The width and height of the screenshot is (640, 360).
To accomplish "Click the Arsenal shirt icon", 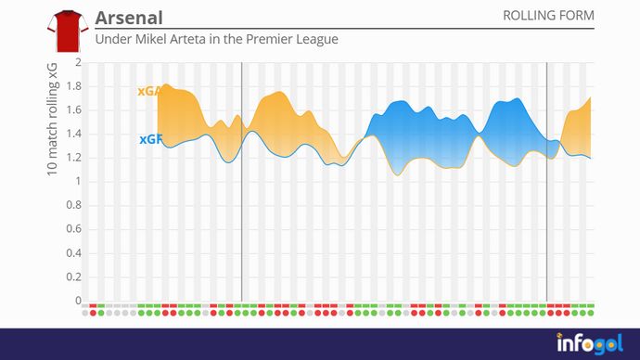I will click(x=66, y=31).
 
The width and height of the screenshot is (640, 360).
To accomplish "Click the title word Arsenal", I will click(x=129, y=19).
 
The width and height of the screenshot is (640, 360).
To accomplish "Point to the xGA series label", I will click(x=147, y=91).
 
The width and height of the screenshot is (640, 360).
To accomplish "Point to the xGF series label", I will click(x=148, y=139).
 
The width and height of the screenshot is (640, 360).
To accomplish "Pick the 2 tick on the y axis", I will click(x=78, y=63).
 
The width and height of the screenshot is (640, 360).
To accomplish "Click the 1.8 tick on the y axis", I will click(x=73, y=87).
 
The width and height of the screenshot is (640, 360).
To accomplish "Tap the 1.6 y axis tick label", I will click(x=73, y=110).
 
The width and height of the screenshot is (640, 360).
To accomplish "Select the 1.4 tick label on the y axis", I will click(x=73, y=135).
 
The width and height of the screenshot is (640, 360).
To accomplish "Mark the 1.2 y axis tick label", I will click(x=73, y=159).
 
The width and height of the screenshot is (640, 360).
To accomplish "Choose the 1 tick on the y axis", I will click(x=78, y=182).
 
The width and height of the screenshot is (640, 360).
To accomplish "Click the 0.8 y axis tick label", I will click(x=73, y=206).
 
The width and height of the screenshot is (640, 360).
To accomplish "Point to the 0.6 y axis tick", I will click(x=73, y=230).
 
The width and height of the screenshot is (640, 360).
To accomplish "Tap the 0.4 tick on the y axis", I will click(x=73, y=253).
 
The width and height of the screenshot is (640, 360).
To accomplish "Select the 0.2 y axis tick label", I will click(x=73, y=277).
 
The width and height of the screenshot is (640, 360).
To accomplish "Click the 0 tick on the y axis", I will click(x=78, y=301).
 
